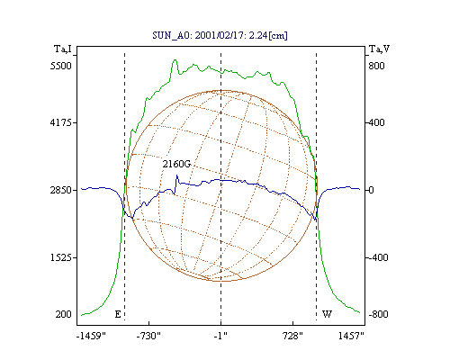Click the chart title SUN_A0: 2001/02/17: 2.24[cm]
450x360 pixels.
pos(220,35)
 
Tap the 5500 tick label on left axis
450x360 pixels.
pos(61,66)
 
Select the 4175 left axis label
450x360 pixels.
pos(61,122)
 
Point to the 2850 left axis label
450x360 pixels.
pos(61,190)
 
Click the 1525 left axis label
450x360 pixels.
pos(61,257)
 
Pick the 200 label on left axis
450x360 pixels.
pos(63,314)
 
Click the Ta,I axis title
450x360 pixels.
pos(63,49)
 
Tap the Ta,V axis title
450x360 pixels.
pos(379,49)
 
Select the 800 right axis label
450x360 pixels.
pos(376,66)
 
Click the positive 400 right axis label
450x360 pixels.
pos(376,122)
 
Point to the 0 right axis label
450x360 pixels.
pos(371,190)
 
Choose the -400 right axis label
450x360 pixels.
pos(378,257)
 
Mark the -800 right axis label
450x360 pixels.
pos(378,314)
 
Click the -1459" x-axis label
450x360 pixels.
pos(91,336)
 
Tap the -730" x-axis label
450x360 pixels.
pos(148,336)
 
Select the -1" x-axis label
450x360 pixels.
pos(220,336)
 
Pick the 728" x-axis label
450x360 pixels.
pos(292,336)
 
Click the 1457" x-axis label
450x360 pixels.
pos(351,336)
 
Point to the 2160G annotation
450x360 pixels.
pos(176,164)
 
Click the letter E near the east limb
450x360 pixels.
pos(118,314)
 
